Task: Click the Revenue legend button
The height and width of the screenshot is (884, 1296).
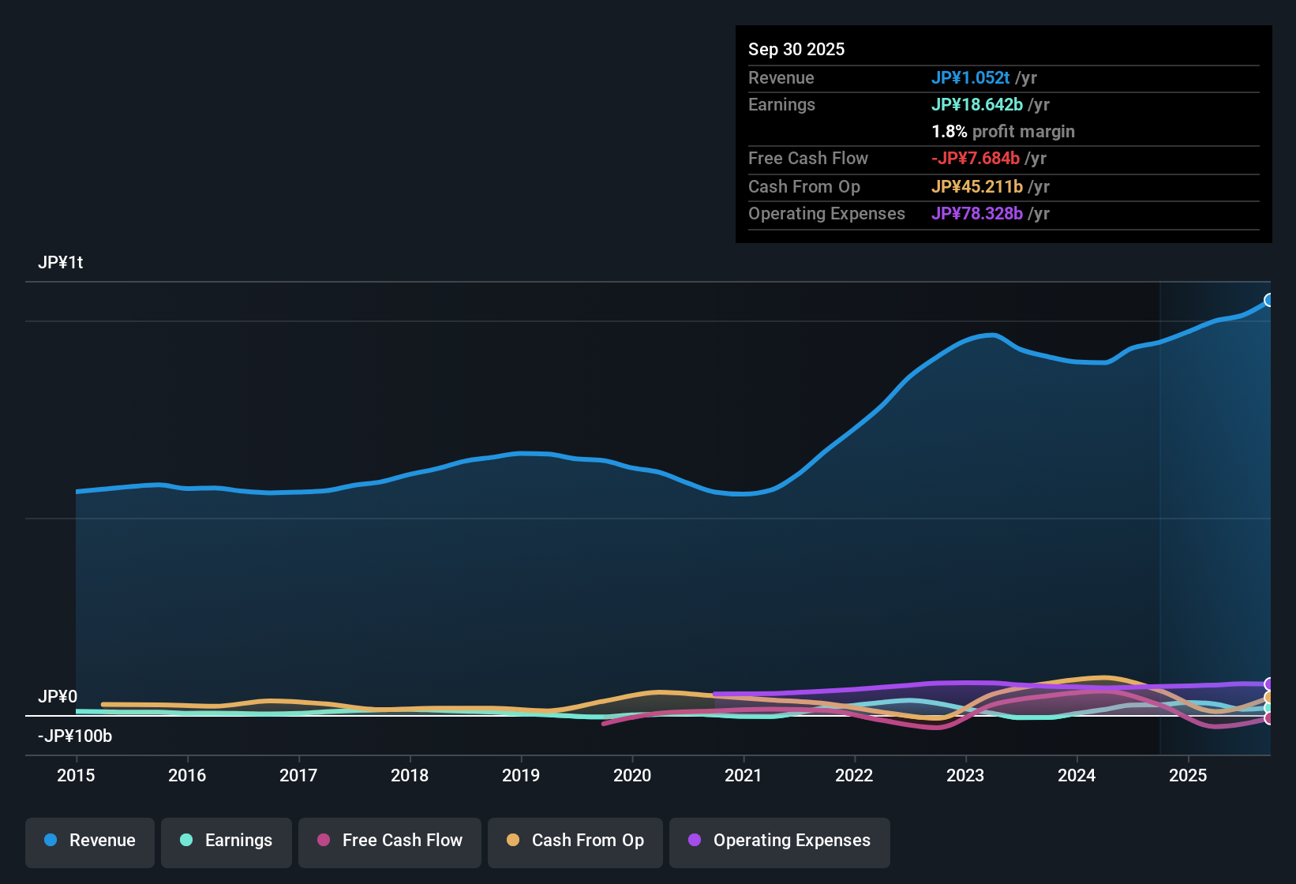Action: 90,841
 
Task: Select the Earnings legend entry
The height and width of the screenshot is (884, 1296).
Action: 227,841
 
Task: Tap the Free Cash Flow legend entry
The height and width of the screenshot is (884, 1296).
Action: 390,841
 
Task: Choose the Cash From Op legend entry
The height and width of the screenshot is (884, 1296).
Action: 575,841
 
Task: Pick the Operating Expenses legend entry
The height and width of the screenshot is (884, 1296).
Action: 780,841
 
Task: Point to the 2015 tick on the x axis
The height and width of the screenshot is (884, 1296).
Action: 76,775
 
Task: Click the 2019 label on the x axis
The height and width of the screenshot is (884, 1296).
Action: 521,775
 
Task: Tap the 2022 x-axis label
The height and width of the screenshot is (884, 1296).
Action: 854,775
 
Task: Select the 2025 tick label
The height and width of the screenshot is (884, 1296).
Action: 1188,775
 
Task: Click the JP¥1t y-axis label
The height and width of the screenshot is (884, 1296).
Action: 61,262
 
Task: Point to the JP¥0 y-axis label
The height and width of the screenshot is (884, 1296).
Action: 58,696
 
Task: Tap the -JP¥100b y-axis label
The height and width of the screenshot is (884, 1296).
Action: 75,736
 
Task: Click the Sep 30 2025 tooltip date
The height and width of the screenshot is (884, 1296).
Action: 796,49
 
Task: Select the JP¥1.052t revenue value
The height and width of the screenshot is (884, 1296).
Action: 970,77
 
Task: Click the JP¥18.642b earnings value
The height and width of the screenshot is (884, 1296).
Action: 976,104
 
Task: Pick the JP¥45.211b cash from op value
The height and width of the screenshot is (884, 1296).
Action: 976,186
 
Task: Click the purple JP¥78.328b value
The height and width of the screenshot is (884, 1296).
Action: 976,213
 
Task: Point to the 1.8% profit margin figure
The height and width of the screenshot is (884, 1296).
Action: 949,131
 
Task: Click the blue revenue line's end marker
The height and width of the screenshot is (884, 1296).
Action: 1269,300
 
